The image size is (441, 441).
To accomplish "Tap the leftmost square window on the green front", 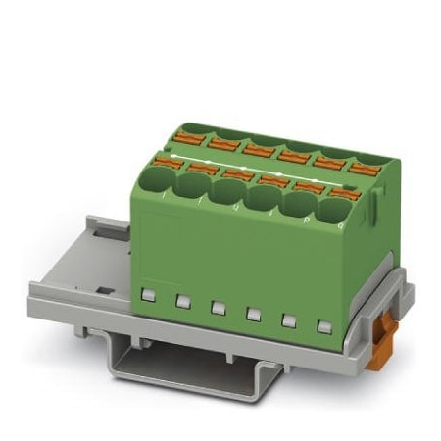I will point(149,293).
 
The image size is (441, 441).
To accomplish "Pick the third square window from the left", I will point(217,305).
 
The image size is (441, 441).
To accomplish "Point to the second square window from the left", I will point(182,299).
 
